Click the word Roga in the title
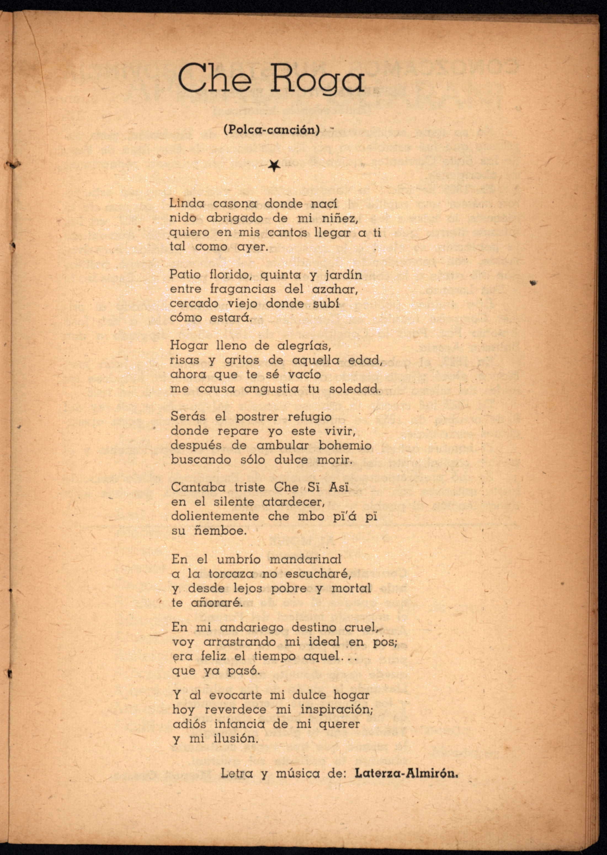317,79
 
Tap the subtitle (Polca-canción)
272,130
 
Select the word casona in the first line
235,204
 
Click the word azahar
335,289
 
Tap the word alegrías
304,346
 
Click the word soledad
355,389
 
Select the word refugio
310,417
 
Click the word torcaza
231,574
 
